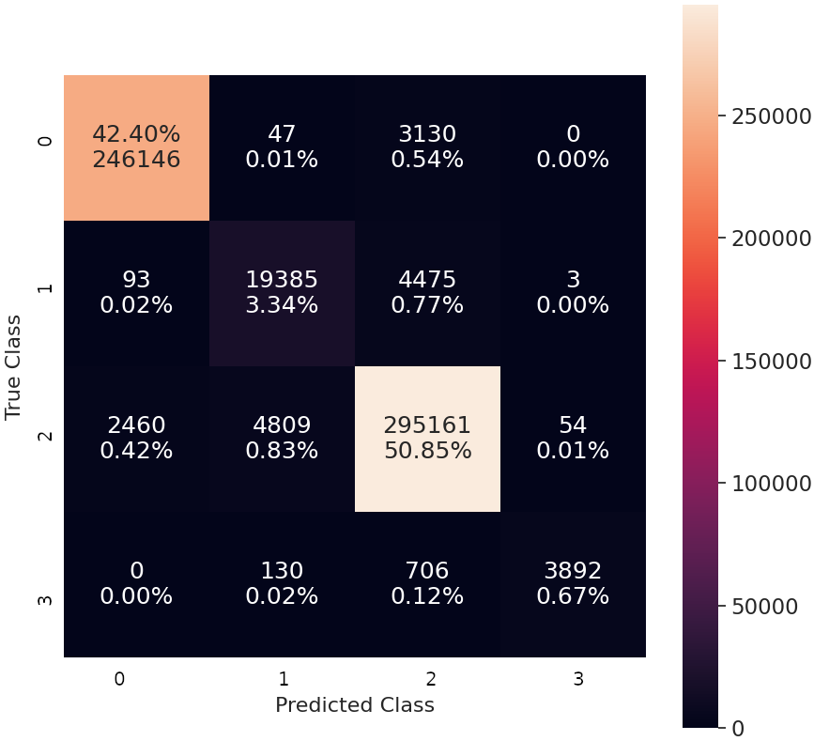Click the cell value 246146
click(136, 160)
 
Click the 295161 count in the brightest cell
click(427, 425)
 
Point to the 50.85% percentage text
click(427, 451)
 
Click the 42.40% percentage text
click(136, 133)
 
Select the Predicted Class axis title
click(354, 704)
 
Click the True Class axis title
click(13, 366)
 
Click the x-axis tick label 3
click(577, 679)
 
